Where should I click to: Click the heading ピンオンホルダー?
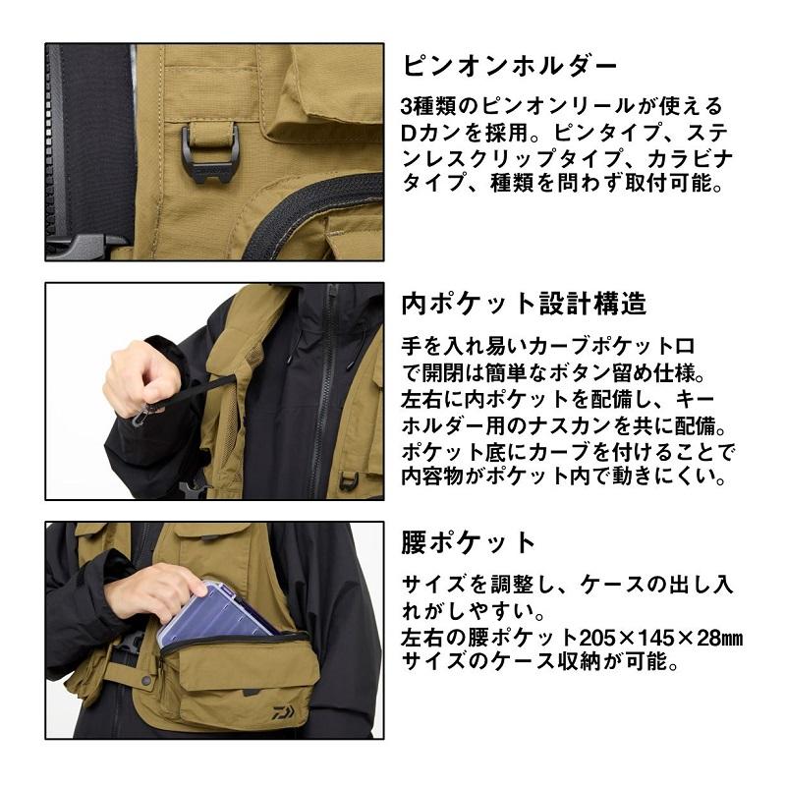pyautogui.click(x=510, y=66)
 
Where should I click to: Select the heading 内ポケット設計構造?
pyautogui.click(x=524, y=304)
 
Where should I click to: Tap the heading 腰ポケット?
pyautogui.click(x=470, y=541)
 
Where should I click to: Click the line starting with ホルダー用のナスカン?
pyautogui.click(x=564, y=428)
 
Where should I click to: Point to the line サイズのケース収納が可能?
pyautogui.click(x=540, y=663)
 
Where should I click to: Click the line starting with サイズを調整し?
pyautogui.click(x=566, y=583)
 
